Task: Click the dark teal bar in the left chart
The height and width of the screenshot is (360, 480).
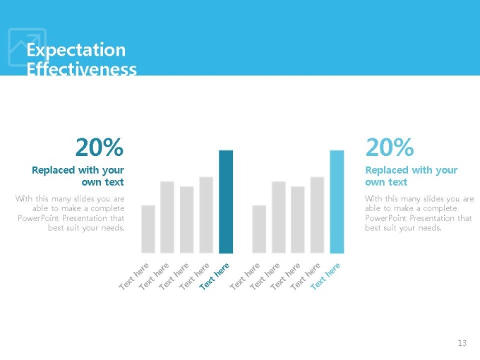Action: pos(226,202)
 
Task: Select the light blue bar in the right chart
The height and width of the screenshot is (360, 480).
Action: pos(337,202)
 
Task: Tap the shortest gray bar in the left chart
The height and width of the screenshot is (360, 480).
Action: pos(148,229)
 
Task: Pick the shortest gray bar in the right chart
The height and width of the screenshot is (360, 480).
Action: pos(259,229)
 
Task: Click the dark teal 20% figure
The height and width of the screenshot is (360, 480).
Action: pos(100,148)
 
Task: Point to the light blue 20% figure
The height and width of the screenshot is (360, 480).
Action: pos(390,148)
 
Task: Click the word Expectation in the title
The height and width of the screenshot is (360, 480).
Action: pos(76,50)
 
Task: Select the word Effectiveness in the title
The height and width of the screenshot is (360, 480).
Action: pos(81,69)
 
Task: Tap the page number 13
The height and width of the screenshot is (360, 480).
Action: pos(462,343)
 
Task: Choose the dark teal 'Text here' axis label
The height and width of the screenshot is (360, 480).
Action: pos(214,276)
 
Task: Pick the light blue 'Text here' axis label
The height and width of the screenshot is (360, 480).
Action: pos(325,276)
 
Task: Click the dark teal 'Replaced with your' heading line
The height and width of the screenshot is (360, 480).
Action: pos(78,170)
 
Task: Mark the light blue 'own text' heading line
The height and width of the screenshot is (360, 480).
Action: pos(386,182)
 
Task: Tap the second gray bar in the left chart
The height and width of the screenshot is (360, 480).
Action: pos(167,217)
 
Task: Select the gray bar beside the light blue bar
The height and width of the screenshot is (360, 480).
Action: pos(317,215)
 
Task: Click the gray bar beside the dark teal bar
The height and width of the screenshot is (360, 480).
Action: pos(206,215)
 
